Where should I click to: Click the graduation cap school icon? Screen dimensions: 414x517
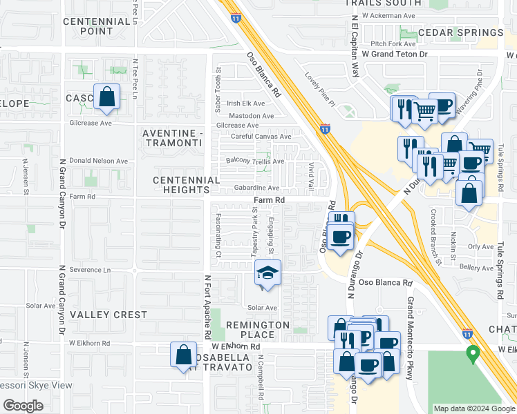268,273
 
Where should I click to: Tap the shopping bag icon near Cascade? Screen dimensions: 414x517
107,99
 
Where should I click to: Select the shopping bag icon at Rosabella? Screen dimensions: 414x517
184,355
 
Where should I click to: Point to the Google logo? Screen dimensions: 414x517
23,406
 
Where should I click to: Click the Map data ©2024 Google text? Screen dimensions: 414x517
474,408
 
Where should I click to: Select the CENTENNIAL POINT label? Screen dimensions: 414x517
97,26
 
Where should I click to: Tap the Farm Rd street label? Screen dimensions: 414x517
269,200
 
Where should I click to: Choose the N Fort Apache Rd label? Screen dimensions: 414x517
207,306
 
